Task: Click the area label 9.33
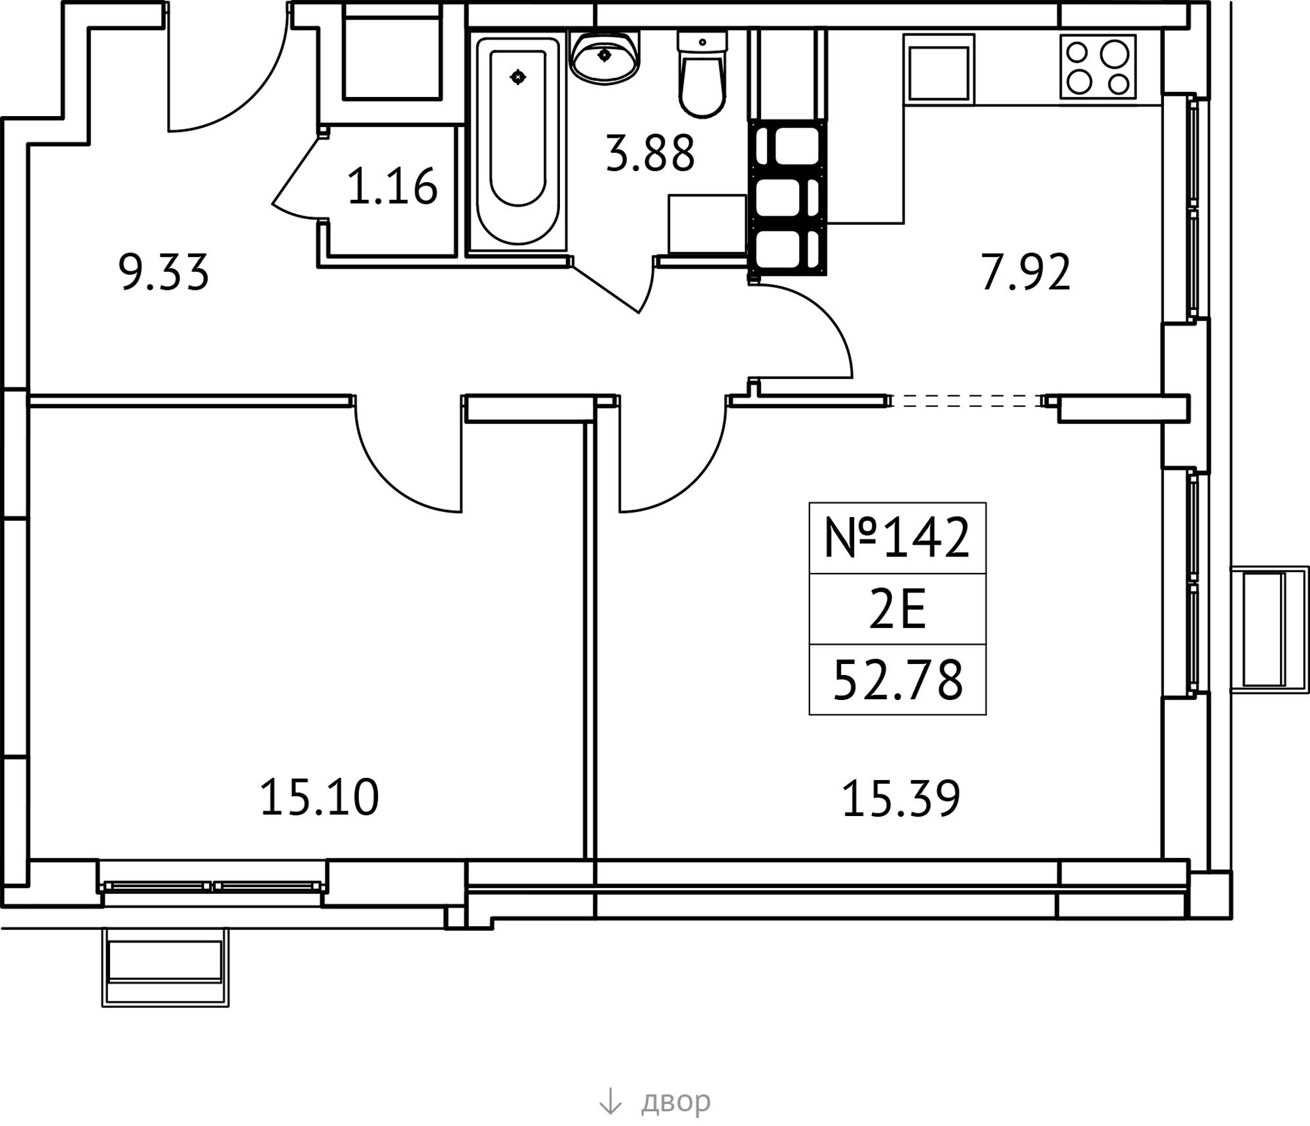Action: pyautogui.click(x=164, y=272)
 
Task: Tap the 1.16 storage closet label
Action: pyautogui.click(x=392, y=186)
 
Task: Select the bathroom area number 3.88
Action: pyautogui.click(x=650, y=153)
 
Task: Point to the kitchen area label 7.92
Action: pyautogui.click(x=1025, y=272)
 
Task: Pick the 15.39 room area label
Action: pyautogui.click(x=901, y=798)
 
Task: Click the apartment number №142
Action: pyautogui.click(x=897, y=537)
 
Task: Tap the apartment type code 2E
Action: pyautogui.click(x=897, y=610)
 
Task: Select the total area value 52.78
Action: pyautogui.click(x=897, y=680)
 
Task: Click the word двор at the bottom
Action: pyautogui.click(x=675, y=1101)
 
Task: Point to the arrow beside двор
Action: pyautogui.click(x=610, y=1101)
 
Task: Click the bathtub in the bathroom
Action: pyautogui.click(x=518, y=143)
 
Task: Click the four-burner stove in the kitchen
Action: pyautogui.click(x=1098, y=67)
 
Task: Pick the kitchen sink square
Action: pyautogui.click(x=939, y=68)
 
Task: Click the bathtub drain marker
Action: pyautogui.click(x=518, y=77)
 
